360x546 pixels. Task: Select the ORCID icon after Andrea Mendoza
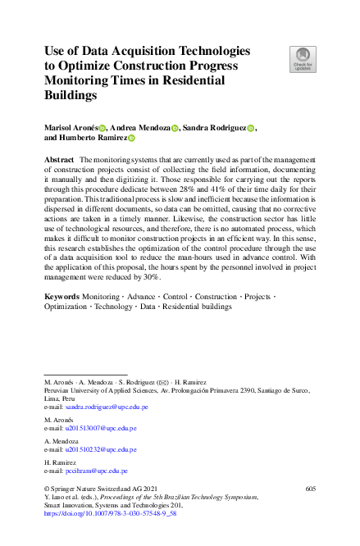point(174,129)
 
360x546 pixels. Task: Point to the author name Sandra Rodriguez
point(215,128)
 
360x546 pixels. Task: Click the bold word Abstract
point(59,159)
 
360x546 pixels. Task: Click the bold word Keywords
point(62,295)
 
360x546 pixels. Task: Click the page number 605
point(309,489)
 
